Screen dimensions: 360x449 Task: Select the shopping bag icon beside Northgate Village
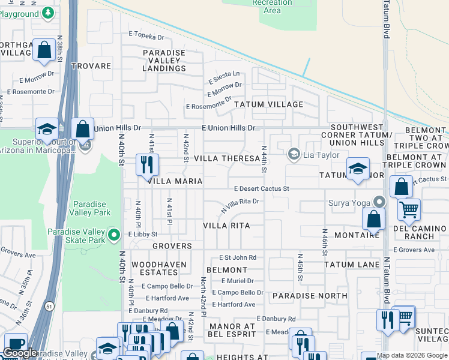[x=44, y=50]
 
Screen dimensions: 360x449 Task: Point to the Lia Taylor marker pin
[x=294, y=154]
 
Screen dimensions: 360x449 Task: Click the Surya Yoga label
[x=349, y=202]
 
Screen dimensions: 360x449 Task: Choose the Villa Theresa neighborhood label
[x=227, y=158]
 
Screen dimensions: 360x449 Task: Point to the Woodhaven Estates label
[x=158, y=268]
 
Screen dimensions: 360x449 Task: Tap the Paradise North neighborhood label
[x=309, y=296]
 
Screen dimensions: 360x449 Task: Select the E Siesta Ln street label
[x=224, y=77]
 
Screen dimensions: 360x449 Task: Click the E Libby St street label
[x=142, y=234]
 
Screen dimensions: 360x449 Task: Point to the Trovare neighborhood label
[x=91, y=66]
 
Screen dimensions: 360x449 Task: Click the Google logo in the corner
[x=20, y=353]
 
